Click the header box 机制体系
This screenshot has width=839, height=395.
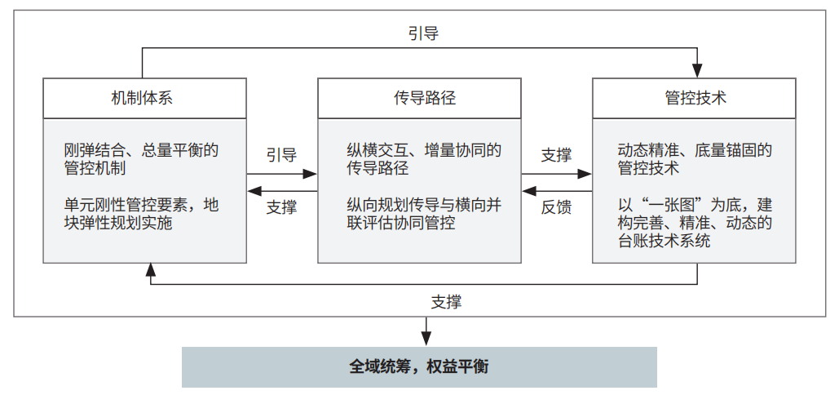click(144, 99)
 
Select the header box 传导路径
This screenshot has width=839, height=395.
click(419, 99)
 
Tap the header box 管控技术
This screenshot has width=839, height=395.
click(694, 99)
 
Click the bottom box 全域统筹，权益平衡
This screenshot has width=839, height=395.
click(419, 367)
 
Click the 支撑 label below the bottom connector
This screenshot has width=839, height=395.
click(446, 303)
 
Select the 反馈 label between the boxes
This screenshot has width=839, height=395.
click(556, 207)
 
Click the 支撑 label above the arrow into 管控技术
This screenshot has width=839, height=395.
click(556, 155)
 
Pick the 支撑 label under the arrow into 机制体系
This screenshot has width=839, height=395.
click(282, 207)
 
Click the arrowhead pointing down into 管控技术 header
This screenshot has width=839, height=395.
click(696, 71)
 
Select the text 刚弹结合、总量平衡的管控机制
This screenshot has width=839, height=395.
click(141, 159)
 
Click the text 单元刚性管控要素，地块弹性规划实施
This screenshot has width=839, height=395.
click(141, 214)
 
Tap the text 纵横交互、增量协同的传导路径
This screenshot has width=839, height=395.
click(424, 159)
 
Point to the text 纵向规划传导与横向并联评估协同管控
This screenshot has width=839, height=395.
click(424, 214)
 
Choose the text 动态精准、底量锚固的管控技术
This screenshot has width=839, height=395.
click(695, 159)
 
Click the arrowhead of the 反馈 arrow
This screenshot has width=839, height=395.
click(528, 191)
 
